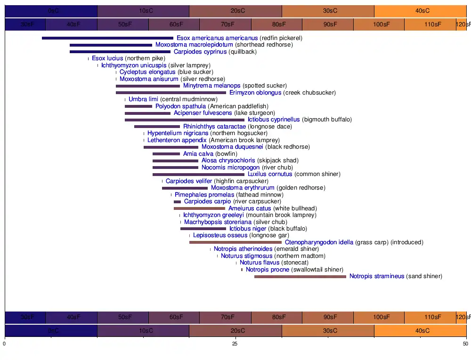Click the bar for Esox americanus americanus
pos(107,38)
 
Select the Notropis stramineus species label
pos(376,276)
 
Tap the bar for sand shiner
pos(300,277)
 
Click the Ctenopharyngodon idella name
pos(319,242)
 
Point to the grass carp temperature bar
pos(235,242)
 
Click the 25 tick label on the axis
pos(235,344)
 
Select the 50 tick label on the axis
pos(465,344)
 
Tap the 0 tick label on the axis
pos(5,344)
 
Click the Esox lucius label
pos(107,58)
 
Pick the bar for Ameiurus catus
pos(199,208)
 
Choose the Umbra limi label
pos(143,99)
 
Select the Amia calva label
pos(198,154)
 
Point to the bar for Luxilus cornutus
pos(198,175)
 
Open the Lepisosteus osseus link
pos(220,235)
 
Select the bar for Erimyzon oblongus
pos(171,93)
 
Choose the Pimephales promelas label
pos(204,195)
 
